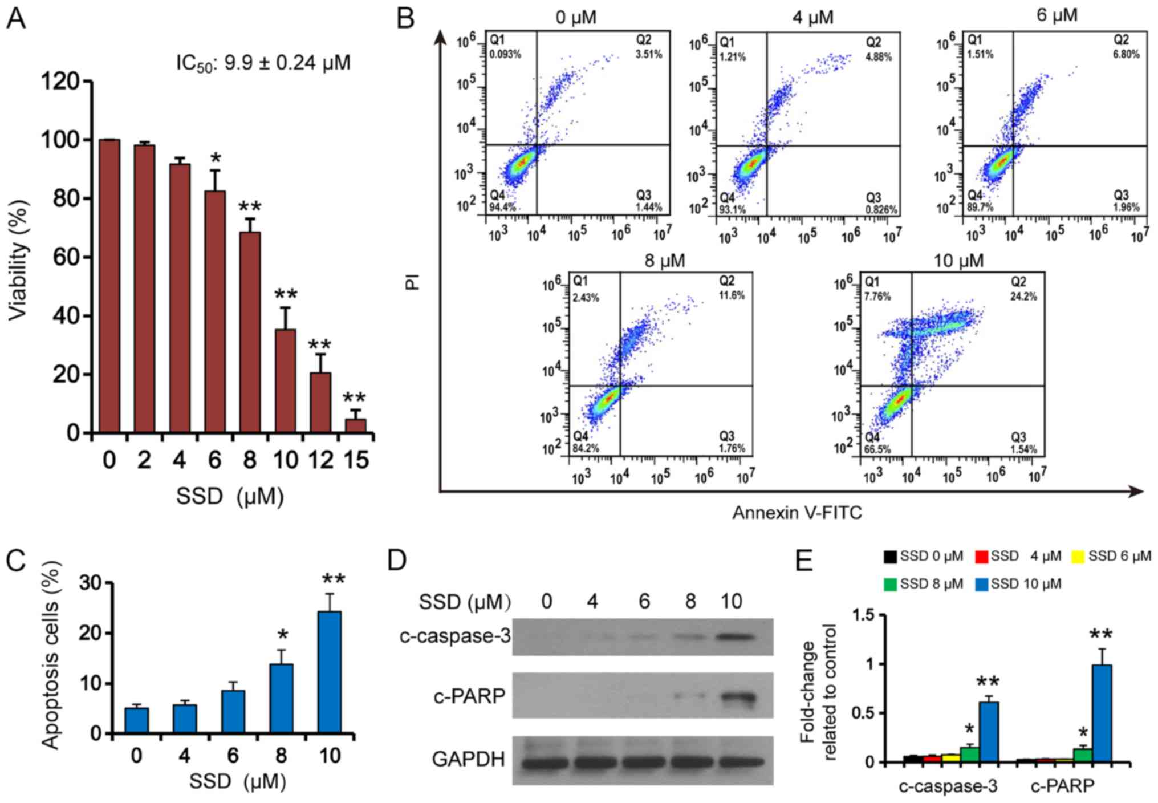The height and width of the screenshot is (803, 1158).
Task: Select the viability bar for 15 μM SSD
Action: point(356,425)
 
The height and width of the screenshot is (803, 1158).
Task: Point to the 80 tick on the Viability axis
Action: point(64,199)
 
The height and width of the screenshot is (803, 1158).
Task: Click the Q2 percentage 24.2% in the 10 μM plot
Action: point(1023,297)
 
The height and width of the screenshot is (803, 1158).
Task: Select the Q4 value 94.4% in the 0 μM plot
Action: point(502,208)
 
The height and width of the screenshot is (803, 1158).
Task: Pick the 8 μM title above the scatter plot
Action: point(664,261)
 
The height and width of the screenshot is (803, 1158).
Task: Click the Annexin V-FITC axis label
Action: point(797,513)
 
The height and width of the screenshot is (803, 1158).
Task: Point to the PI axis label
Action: point(413,281)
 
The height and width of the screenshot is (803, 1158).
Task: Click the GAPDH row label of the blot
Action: point(468,759)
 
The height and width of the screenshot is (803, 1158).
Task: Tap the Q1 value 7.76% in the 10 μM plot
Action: point(877,297)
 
